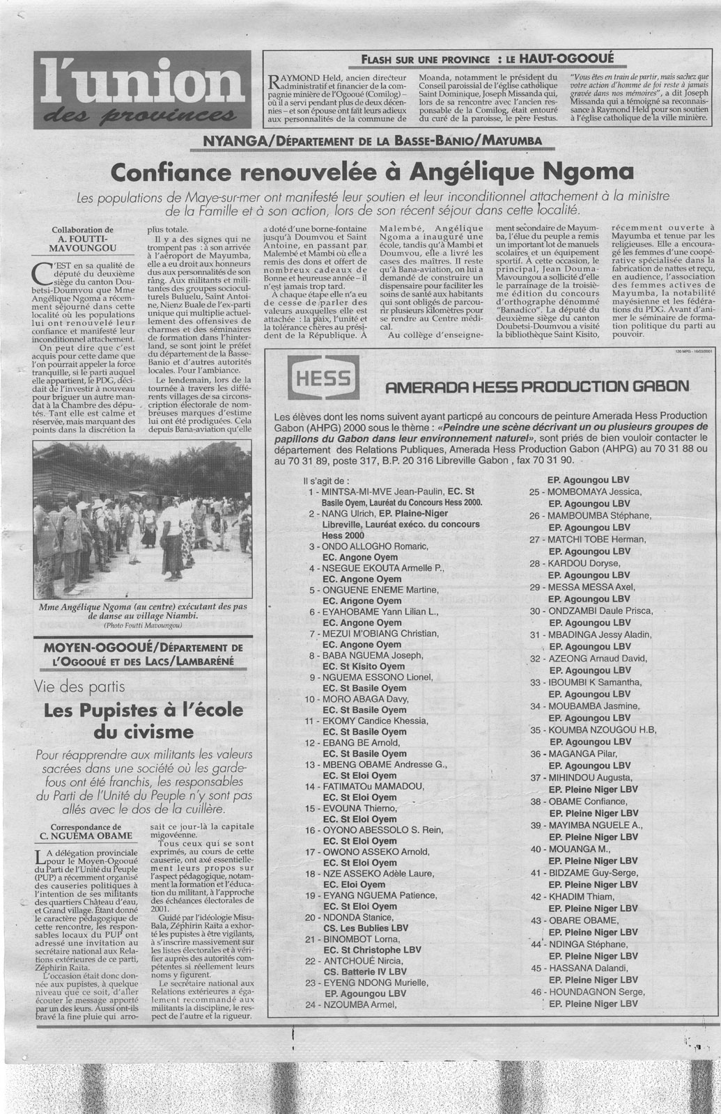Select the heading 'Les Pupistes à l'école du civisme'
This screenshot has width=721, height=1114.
[x=143, y=721]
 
